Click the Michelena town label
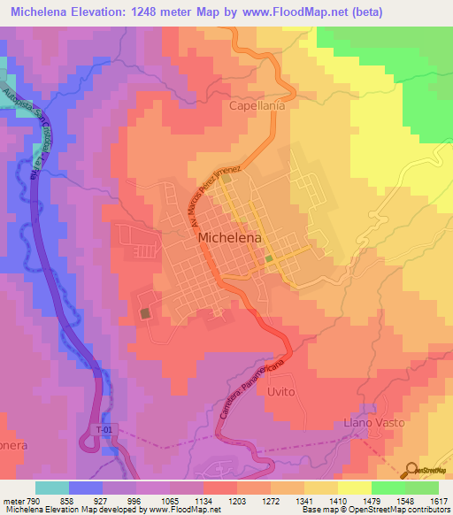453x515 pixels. (235, 237)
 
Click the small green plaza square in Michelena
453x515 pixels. (268, 258)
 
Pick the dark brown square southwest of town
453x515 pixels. (144, 313)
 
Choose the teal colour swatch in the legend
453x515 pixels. (52, 488)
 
